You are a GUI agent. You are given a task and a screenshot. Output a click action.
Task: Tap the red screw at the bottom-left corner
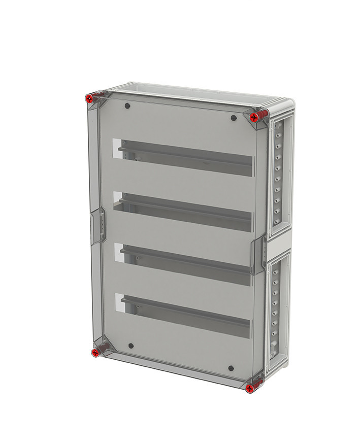95,352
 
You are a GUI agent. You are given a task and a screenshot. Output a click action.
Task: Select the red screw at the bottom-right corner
250,388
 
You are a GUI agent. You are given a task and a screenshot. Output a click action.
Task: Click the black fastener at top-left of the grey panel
127,107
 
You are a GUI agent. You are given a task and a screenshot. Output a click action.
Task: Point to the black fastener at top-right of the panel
233,118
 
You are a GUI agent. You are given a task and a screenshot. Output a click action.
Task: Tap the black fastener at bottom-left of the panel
131,346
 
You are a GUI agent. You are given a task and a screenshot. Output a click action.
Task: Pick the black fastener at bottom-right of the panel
231,368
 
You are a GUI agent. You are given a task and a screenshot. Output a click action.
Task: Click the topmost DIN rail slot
185,157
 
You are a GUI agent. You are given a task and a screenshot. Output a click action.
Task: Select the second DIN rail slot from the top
185,210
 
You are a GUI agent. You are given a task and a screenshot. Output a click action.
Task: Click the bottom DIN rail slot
185,314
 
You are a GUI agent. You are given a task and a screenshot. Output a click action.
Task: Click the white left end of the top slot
115,145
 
